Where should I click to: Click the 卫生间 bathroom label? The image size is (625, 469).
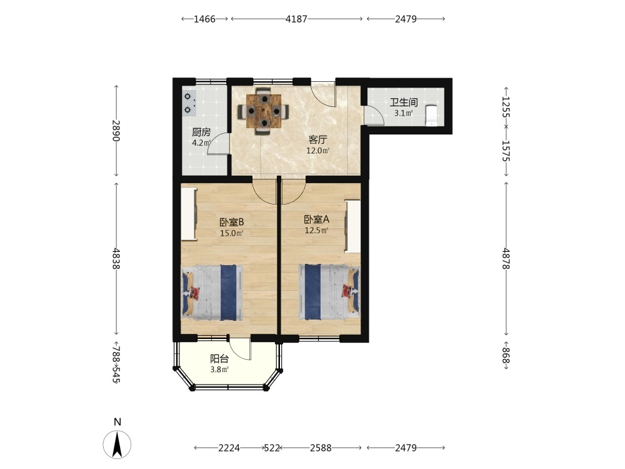[404, 102]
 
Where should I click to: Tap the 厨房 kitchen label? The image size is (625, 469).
[201, 132]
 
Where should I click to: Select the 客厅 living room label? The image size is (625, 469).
[317, 139]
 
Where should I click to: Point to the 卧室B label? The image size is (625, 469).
[232, 222]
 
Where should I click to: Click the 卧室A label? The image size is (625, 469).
[316, 219]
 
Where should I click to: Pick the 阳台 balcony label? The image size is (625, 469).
[219, 358]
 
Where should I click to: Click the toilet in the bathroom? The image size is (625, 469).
[431, 115]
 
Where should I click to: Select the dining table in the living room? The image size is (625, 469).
[264, 111]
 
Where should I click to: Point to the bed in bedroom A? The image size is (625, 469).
[329, 292]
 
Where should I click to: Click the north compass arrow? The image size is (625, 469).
[117, 444]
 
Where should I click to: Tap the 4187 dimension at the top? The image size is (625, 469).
[296, 19]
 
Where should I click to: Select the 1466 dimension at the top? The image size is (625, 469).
[204, 19]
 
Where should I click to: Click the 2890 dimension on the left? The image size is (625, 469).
[116, 131]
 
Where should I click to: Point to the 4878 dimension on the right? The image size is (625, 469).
[506, 258]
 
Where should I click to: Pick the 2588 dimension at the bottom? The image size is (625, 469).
[321, 448]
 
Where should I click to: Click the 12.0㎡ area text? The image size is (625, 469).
[317, 151]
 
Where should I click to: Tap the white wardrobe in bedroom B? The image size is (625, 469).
[189, 214]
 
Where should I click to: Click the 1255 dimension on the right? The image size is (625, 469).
[506, 106]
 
